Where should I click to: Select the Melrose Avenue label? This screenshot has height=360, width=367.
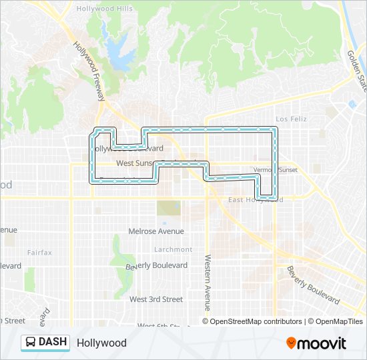point(155,231)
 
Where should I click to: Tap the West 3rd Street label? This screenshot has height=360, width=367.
point(156,299)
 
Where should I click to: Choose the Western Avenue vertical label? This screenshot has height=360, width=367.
point(208,282)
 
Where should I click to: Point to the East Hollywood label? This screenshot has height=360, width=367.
point(256,199)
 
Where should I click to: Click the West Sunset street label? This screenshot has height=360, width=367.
point(135,162)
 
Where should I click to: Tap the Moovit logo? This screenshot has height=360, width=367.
point(316,343)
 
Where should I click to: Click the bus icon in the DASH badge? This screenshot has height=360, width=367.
point(31,343)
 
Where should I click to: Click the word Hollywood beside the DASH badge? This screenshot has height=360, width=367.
point(101,343)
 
